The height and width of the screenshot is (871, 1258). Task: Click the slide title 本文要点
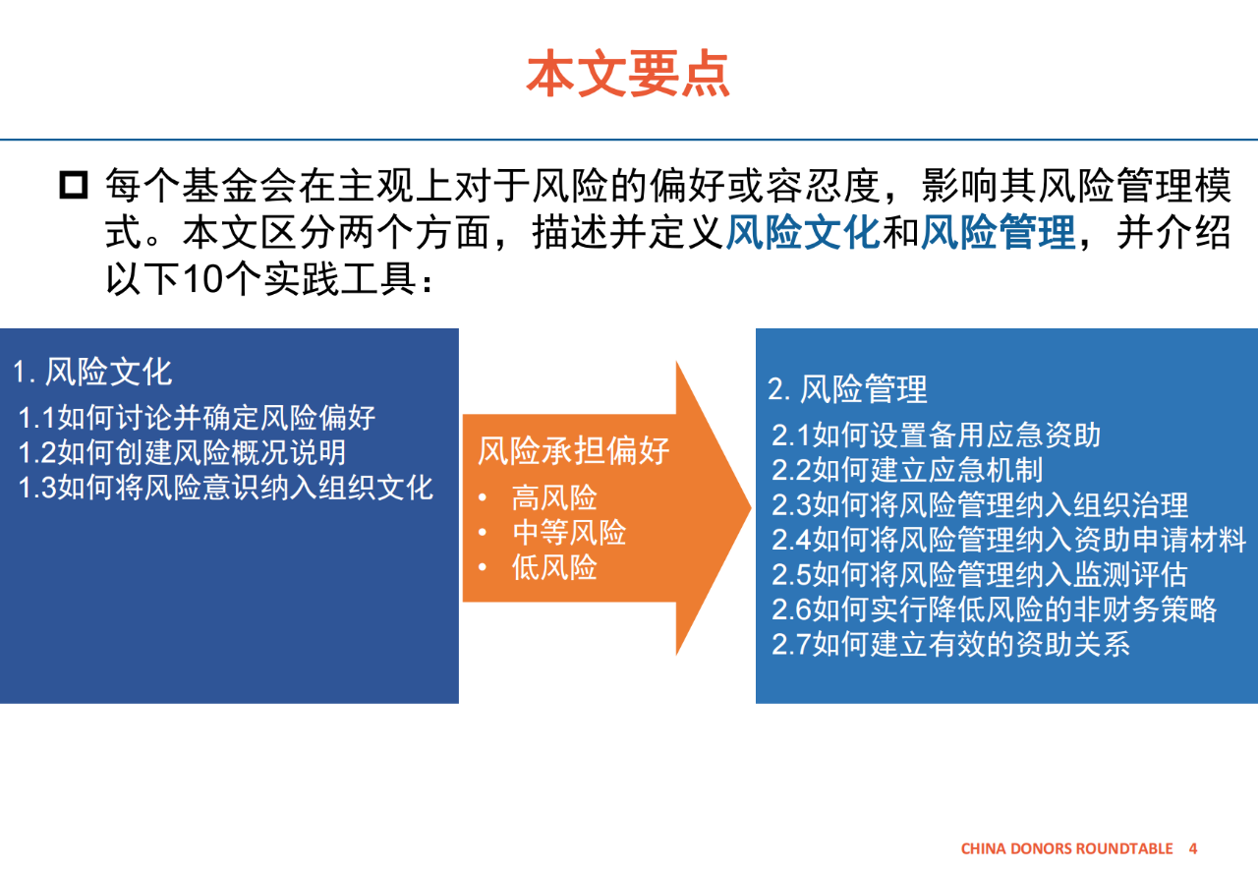tap(628, 73)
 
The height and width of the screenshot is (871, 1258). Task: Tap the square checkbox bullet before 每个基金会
tap(74, 185)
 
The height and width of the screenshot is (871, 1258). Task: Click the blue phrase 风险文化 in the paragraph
tap(802, 232)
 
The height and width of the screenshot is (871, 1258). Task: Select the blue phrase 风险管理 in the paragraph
tap(998, 232)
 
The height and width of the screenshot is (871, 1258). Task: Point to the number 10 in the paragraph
tap(202, 279)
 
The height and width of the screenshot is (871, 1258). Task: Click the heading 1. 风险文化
tap(92, 372)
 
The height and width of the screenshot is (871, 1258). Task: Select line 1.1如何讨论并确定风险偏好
tap(197, 418)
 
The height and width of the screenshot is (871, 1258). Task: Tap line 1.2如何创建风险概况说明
tap(182, 452)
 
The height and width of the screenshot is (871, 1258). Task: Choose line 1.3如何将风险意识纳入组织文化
tap(226, 488)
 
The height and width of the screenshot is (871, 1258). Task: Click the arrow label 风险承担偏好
tap(573, 450)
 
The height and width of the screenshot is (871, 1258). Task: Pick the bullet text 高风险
tap(554, 497)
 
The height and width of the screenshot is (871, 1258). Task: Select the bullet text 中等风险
tap(569, 532)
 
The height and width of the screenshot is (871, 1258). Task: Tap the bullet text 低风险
tap(554, 567)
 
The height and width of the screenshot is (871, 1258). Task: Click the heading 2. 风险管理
tap(847, 389)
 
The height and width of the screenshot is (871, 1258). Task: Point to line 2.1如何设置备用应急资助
tap(937, 435)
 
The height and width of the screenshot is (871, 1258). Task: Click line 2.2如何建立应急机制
tap(907, 470)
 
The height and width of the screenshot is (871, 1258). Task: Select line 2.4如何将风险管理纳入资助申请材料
tap(1008, 540)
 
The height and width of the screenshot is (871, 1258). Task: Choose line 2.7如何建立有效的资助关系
tap(950, 644)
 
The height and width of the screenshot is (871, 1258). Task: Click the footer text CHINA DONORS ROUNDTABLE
tap(1067, 848)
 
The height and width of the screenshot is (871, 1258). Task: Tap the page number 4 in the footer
tap(1193, 848)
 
